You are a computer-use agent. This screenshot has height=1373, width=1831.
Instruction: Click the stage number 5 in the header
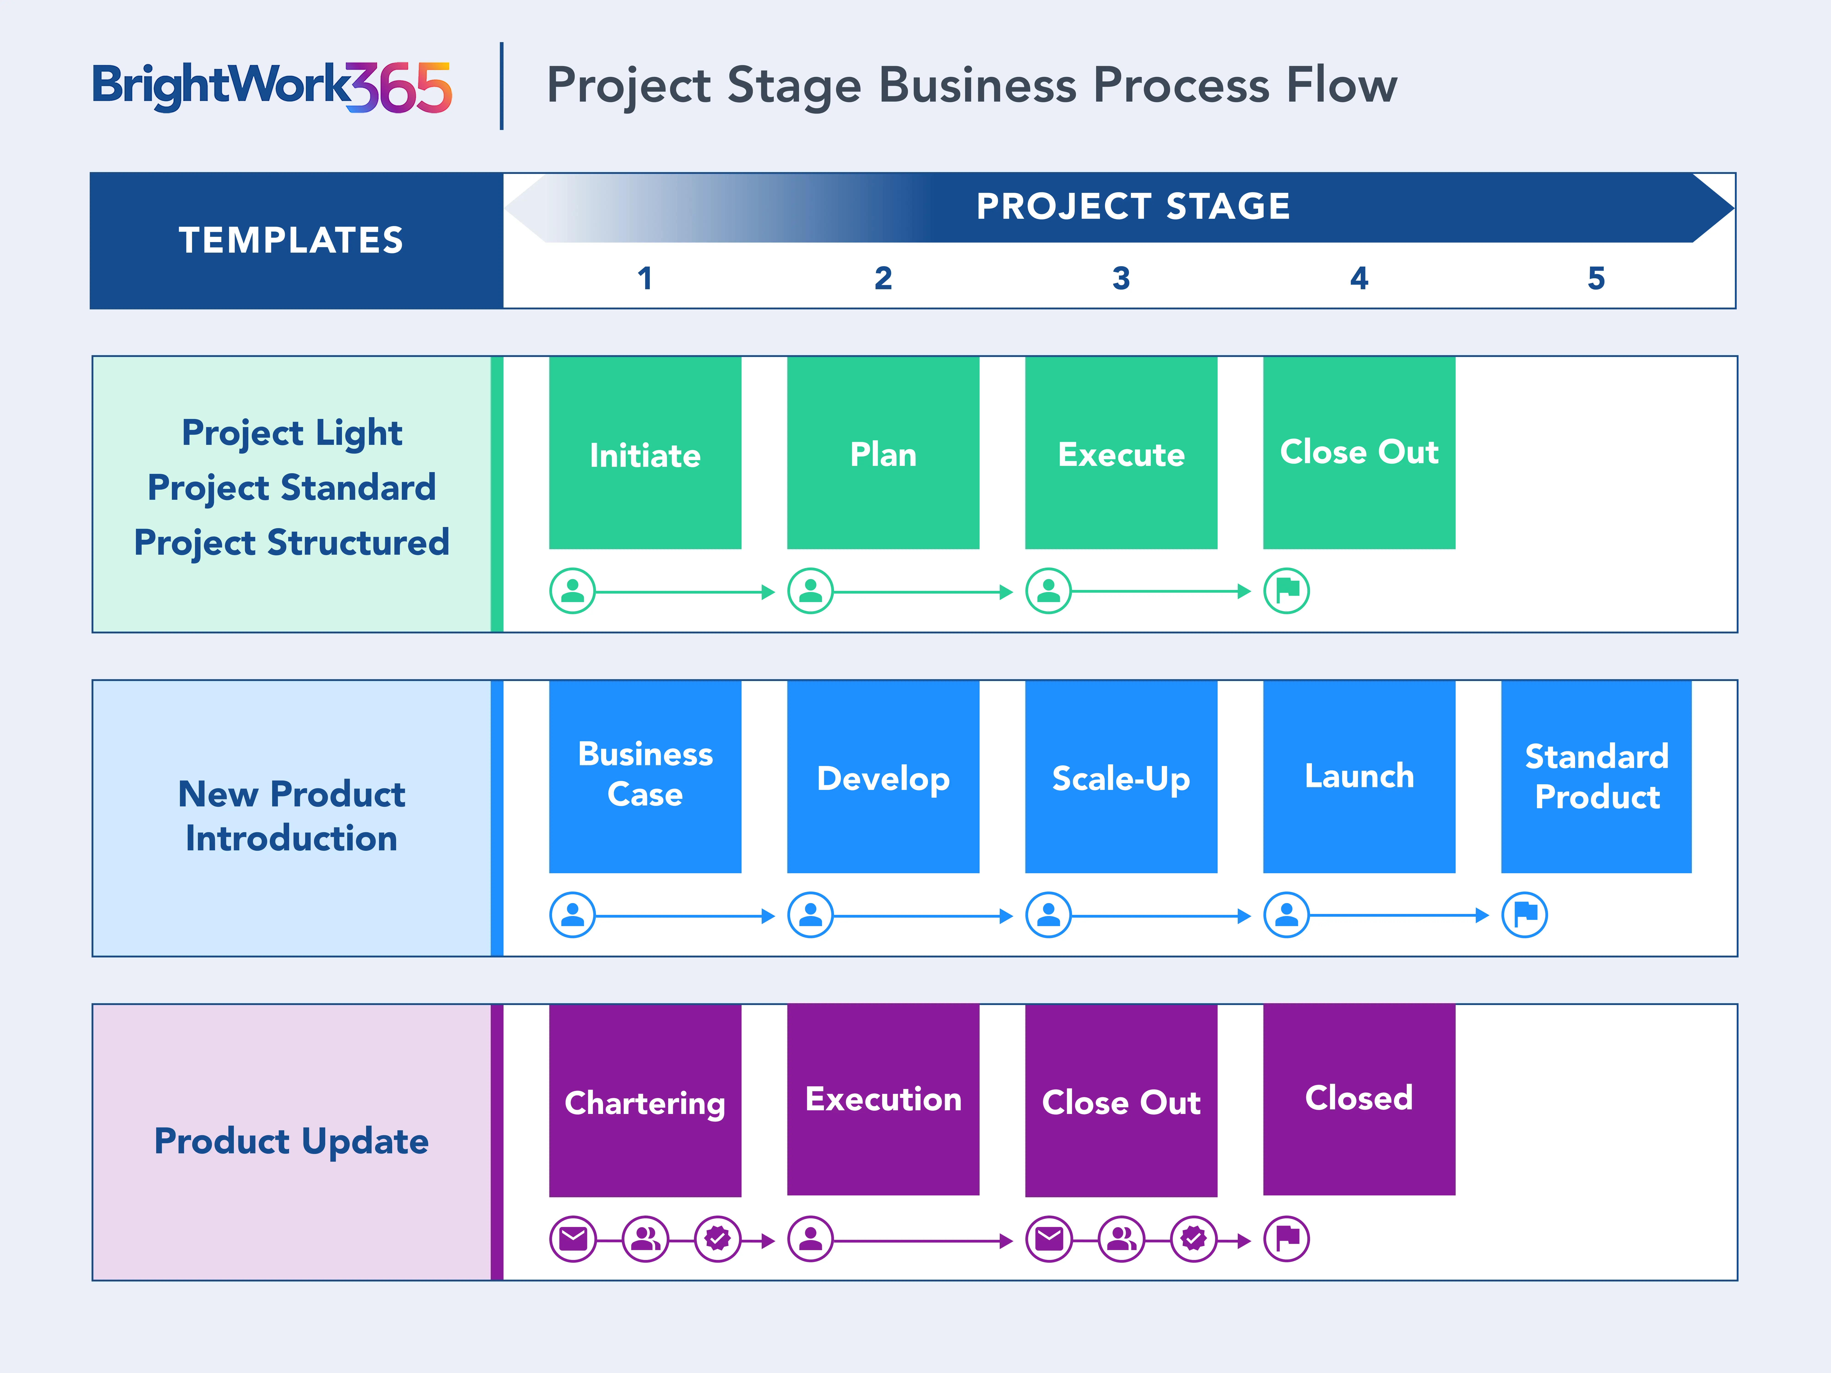(1596, 278)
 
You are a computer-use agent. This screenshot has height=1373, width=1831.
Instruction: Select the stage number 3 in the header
(1121, 278)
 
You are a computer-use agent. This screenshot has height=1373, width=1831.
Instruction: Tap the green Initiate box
(645, 454)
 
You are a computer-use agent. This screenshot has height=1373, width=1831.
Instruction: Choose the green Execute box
(1121, 454)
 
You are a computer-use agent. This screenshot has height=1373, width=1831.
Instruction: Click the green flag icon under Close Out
(1286, 591)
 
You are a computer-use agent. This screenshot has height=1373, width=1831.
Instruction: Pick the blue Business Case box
(645, 776)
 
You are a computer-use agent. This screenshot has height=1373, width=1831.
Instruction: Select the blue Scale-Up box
(1121, 776)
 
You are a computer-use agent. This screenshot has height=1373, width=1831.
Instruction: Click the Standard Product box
(1596, 776)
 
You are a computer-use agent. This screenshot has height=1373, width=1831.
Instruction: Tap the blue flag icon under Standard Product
(1524, 914)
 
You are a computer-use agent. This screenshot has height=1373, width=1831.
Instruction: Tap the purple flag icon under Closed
(1286, 1239)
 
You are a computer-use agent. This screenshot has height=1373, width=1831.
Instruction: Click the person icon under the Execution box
(810, 1239)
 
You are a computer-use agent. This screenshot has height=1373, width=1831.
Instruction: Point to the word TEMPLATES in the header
(291, 240)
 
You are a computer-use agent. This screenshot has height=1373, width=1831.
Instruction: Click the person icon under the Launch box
(1286, 914)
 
